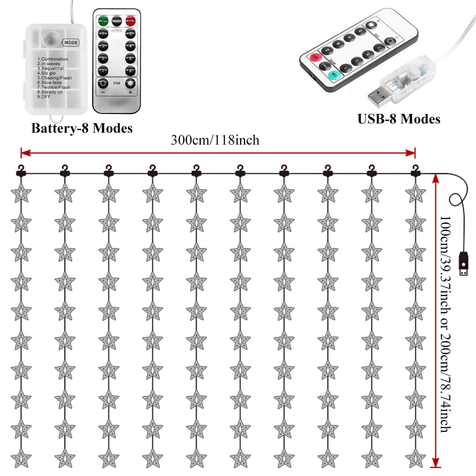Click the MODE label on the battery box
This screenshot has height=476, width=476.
pos(71,43)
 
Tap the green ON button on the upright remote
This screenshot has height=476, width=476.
pos(103,21)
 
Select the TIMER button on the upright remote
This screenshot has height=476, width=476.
pos(117,21)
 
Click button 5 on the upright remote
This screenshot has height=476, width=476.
pos(103,58)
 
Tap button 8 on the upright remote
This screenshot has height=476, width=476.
pos(130,71)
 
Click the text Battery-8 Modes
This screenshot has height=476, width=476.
pos(82,128)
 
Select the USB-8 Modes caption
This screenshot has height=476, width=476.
pos(399,119)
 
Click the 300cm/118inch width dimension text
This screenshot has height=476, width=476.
pos(215,140)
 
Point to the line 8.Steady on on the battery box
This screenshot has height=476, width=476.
pos(50,92)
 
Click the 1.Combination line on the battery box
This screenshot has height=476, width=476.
pos(53,59)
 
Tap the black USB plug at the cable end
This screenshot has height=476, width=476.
pos(464,263)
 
